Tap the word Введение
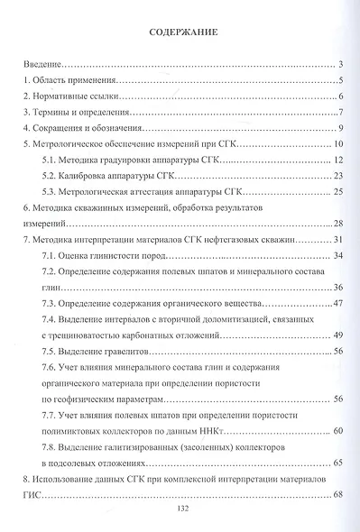tap(43, 66)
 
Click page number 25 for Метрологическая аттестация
tap(339, 192)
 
